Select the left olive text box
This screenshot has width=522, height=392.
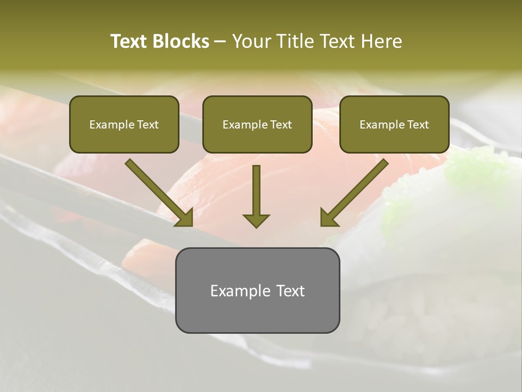[x=124, y=125]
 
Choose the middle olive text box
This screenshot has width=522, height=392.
[x=257, y=125]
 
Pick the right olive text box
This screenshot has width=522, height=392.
[x=394, y=125]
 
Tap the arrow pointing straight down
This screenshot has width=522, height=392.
[x=256, y=196]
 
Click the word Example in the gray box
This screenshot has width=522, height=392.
[x=237, y=291]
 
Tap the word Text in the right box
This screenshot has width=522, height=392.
[x=418, y=125]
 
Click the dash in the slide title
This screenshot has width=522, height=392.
[x=220, y=42]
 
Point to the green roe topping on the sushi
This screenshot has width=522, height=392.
[x=468, y=169]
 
